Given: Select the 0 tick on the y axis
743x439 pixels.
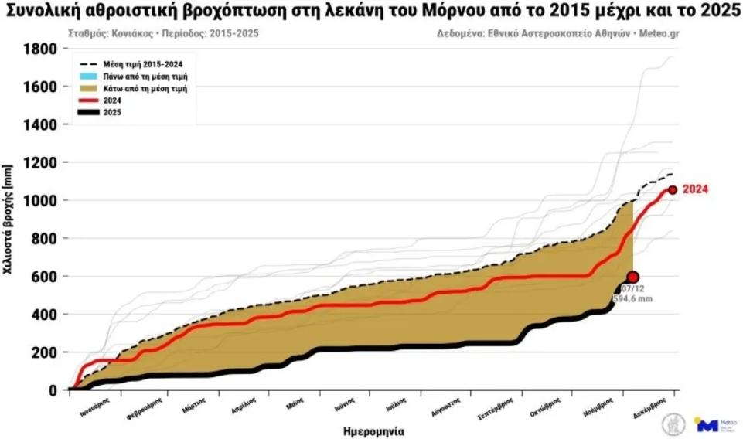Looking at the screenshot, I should coord(53,390).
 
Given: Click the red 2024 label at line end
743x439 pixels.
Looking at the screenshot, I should coord(696,189).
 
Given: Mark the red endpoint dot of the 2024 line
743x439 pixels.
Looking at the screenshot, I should coord(673,189).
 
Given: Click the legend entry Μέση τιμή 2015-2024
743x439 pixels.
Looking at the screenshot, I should coord(146,64).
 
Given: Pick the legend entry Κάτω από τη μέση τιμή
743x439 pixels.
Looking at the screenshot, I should coord(146,88).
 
